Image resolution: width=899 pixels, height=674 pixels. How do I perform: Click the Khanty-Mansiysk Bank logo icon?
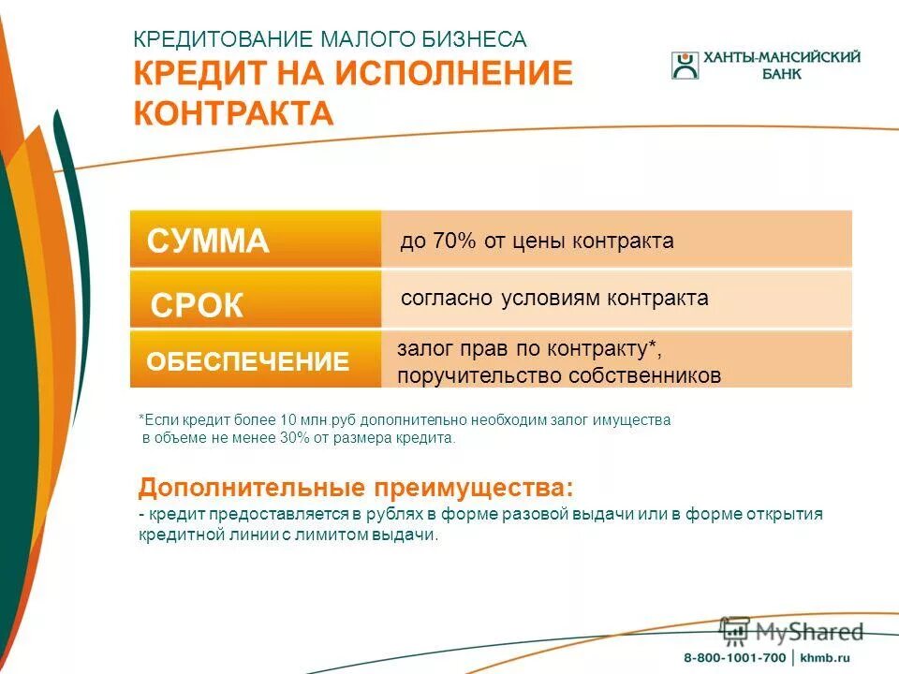point(685,66)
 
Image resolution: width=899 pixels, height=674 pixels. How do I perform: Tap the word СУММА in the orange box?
point(208,242)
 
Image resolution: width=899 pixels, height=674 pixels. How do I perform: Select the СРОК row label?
point(197,306)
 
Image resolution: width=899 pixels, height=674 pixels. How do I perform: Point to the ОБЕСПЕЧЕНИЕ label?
point(247,362)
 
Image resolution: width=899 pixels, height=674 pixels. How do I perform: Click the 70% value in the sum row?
point(455,242)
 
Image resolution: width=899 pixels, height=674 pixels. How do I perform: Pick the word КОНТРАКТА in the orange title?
point(233,114)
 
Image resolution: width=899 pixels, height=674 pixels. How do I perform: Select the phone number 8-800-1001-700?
point(734,656)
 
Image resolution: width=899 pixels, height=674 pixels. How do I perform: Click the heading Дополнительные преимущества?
point(355,489)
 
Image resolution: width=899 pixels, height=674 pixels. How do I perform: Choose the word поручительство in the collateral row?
point(474,376)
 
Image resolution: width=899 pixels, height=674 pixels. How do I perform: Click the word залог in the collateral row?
point(421,349)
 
